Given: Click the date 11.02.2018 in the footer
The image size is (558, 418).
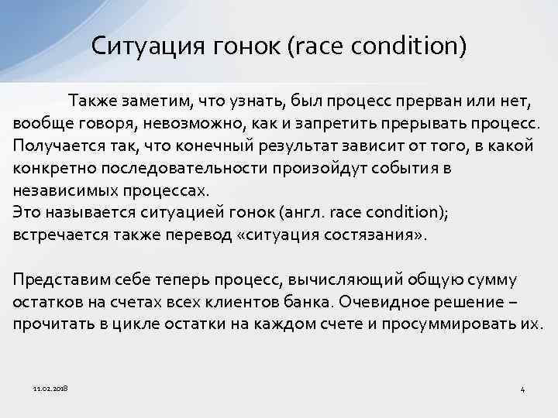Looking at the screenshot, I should pyautogui.click(x=50, y=387).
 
